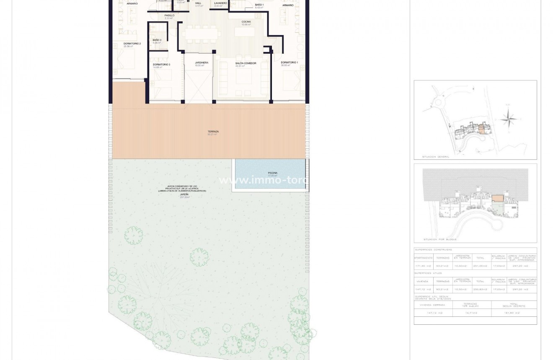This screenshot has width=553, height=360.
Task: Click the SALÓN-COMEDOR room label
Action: point(245,63)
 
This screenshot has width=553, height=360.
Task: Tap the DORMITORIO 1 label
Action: point(289,62)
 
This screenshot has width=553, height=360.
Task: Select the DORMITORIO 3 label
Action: point(161,65)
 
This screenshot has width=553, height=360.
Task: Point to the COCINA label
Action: point(246,22)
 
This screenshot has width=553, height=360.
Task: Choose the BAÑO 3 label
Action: point(157,40)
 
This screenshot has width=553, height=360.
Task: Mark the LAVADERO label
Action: point(220,3)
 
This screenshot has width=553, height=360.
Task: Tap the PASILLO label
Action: point(169,16)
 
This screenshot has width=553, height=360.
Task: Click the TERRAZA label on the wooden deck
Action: point(213,132)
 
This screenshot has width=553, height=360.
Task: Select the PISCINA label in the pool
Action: point(272,173)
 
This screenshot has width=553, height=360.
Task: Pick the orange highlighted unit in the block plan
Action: point(497,198)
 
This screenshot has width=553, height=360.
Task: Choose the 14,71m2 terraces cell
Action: point(472,313)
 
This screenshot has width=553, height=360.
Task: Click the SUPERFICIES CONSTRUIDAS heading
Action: point(433,250)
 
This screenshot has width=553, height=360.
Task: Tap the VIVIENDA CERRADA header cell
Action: point(433,305)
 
